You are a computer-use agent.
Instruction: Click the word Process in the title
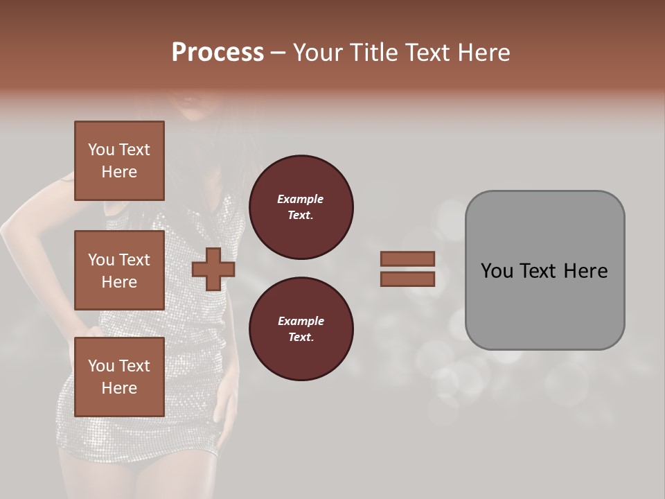(218, 53)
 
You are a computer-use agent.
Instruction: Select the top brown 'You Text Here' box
(119, 161)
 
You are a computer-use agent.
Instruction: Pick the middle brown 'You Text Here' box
(119, 270)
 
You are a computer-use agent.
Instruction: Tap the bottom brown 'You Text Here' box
(119, 376)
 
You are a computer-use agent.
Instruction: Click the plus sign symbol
(213, 269)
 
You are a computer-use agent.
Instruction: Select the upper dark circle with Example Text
(301, 207)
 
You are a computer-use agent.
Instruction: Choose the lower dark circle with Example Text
(301, 329)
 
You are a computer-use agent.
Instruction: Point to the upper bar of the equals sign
(408, 259)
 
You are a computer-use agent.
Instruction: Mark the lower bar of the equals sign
(408, 279)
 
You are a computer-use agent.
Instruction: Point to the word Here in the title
(486, 53)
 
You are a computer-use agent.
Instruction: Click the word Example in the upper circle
(301, 199)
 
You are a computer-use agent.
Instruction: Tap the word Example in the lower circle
(301, 321)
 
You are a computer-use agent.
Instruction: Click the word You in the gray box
(496, 271)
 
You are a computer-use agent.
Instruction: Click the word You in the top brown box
(101, 150)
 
